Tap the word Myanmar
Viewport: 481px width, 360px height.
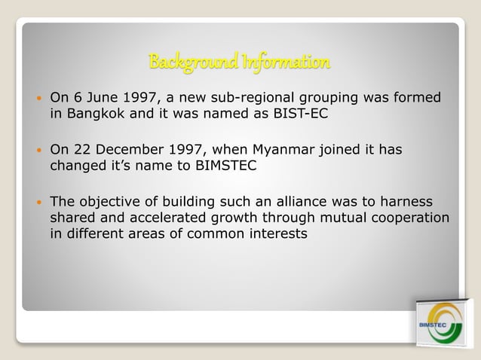tap(295, 151)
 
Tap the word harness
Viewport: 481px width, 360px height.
tap(409, 203)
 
